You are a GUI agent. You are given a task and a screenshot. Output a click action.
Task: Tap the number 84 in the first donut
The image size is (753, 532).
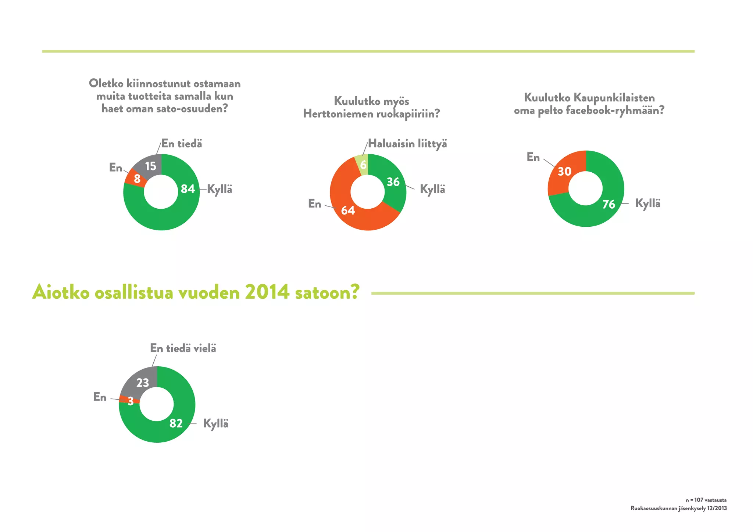[x=188, y=189]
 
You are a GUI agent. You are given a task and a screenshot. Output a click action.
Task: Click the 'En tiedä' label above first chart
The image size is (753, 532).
[x=182, y=144]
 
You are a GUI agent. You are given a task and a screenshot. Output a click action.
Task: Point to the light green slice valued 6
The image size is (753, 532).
[x=363, y=165]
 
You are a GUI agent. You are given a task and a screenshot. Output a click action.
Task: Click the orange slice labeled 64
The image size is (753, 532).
[x=348, y=210]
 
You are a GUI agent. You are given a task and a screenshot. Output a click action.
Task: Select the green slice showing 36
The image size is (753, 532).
[x=393, y=181]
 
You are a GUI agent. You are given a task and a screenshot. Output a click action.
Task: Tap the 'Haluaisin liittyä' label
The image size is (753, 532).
[x=407, y=144]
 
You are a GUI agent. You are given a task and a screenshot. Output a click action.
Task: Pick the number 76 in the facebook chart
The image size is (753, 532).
[x=609, y=204]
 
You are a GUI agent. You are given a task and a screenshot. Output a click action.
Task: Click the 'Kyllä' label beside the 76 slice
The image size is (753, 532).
[x=647, y=204]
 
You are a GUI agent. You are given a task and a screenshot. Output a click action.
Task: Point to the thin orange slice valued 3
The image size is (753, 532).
[x=129, y=400]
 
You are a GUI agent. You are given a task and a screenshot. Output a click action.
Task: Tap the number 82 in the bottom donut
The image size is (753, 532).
[x=176, y=423]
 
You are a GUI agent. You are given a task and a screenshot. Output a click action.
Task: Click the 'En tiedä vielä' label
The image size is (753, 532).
[x=183, y=348]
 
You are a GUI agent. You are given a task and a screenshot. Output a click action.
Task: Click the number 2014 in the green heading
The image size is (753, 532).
[x=267, y=293]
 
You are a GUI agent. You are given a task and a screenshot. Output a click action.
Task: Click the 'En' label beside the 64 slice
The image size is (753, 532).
[x=314, y=204]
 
